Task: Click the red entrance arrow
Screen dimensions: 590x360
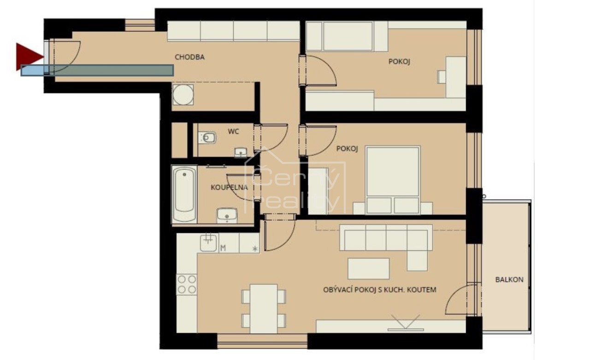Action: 29,57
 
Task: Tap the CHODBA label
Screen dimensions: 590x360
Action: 189,57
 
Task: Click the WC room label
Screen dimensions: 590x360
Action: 233,131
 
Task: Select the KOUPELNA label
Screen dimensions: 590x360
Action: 229,188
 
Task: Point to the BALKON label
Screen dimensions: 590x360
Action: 509,279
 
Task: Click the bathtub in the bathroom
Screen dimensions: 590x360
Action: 184,195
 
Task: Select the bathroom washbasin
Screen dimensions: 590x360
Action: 227,215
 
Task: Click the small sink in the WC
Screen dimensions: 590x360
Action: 241,152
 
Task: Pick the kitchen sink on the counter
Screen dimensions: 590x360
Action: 208,242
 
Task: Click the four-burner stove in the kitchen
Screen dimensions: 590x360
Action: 187,284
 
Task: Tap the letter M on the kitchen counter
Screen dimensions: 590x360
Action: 223,248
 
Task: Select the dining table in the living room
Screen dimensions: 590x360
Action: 264,309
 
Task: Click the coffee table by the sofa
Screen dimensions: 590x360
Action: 368,269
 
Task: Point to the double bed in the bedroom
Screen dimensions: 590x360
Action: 393,180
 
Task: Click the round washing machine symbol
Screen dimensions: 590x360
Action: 183,95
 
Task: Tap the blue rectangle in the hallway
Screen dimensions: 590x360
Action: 97,71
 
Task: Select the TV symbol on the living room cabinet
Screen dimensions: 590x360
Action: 405,323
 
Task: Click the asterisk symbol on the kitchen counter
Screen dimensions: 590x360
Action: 255,248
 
